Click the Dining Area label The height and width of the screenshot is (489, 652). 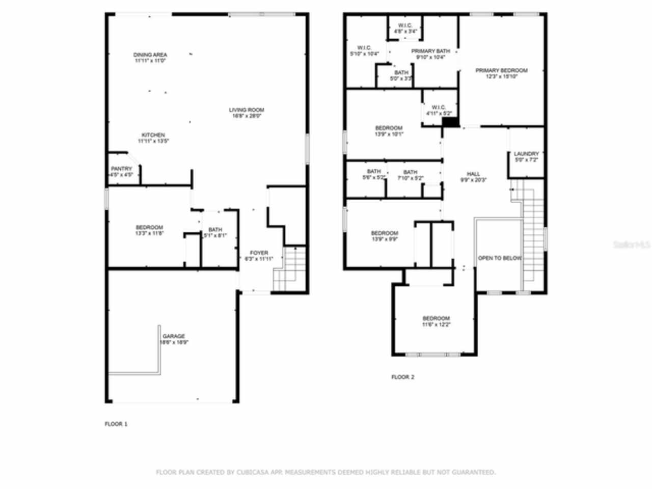coord(150,55)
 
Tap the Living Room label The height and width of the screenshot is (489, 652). coord(247,110)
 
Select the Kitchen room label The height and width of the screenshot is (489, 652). coord(153,135)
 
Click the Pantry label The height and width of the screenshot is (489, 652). coord(121,169)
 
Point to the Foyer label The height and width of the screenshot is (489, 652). coord(259,253)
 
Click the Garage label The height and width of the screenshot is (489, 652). coord(174,336)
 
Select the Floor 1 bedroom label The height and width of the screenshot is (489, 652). coord(149,228)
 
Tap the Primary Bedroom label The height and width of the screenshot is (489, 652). coord(501,71)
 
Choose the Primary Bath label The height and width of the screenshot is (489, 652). coord(430,51)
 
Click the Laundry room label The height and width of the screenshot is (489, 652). coord(526,154)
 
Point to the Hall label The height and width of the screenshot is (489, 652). coord(473,174)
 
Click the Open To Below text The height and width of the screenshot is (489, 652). coord(499,258)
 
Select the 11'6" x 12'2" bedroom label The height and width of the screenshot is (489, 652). coord(436,319)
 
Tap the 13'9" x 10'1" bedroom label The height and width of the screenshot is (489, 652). coord(389,128)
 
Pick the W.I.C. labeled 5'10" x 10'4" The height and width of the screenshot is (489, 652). coord(364,48)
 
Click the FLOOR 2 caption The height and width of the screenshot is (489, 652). coord(402,377)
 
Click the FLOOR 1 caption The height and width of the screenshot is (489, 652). coord(116,424)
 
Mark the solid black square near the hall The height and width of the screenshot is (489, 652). coord(449,122)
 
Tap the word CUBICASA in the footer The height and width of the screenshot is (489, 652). coord(253,473)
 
